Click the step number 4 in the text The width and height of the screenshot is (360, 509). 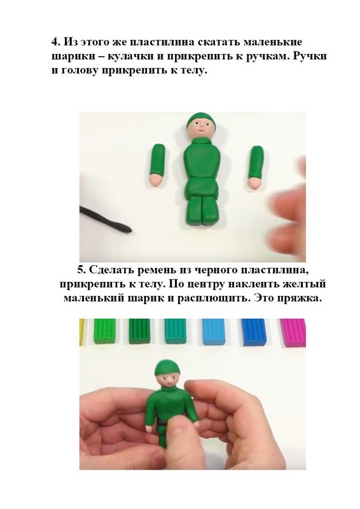click(55, 42)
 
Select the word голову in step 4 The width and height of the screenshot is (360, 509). click(79, 71)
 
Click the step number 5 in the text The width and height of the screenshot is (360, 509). click(82, 270)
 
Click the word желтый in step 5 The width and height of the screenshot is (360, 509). click(307, 284)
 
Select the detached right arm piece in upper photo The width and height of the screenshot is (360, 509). click(256, 167)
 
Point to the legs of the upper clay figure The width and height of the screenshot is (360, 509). click(202, 211)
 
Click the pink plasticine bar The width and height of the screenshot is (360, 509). click(293, 332)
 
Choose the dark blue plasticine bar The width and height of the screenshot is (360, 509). click(254, 331)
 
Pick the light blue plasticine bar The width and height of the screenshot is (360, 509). click(214, 331)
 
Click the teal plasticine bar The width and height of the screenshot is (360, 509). click(176, 331)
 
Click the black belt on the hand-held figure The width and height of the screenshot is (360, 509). click(162, 422)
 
